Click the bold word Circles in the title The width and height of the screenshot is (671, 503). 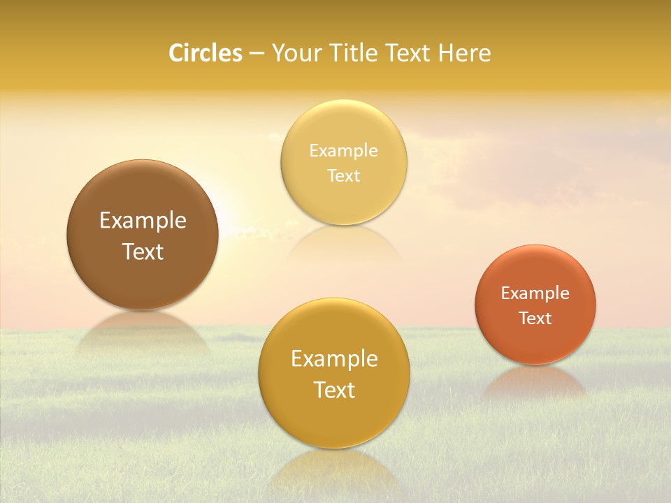205,53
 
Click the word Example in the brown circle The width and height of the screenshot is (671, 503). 143,221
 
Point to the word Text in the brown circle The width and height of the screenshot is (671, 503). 143,251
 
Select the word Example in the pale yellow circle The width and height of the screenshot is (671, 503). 344,150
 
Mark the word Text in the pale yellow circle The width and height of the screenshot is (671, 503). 344,175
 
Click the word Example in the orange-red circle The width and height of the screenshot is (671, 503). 535,293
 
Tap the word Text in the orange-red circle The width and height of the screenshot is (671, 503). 535,318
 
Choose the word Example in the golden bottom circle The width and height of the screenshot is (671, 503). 334,358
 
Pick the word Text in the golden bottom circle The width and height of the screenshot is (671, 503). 334,390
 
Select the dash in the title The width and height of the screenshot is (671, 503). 256,53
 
